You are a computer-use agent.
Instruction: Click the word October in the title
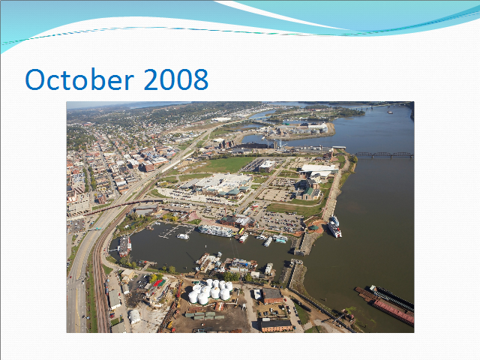(79, 79)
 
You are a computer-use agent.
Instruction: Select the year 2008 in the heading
(176, 79)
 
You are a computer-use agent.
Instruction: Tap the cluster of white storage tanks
(211, 292)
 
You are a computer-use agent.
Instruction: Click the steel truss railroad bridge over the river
(384, 154)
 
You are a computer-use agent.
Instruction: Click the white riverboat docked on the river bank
(334, 226)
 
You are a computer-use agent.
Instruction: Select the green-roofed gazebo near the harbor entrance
(313, 228)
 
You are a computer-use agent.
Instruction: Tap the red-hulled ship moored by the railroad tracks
(124, 246)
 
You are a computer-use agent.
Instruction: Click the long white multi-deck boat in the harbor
(215, 230)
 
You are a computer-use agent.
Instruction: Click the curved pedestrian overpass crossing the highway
(122, 205)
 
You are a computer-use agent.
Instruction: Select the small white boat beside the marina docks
(183, 236)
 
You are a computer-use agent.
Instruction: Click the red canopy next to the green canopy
(157, 283)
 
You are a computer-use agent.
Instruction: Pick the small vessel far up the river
(390, 112)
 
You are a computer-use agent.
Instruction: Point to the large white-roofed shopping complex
(220, 184)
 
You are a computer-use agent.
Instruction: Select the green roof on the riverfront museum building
(308, 191)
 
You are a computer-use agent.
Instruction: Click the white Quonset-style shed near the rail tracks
(134, 316)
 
